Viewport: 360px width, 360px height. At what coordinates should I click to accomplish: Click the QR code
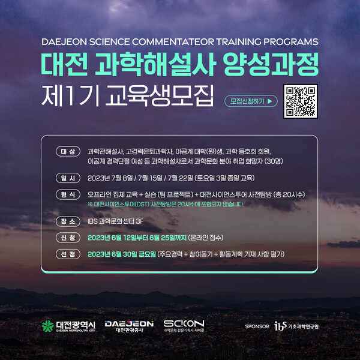[299, 101]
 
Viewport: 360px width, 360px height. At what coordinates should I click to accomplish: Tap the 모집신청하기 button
[251, 101]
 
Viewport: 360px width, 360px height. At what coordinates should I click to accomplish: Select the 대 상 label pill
[67, 151]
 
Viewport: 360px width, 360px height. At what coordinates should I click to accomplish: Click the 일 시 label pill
[67, 178]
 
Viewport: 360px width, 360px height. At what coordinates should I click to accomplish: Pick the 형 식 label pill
[67, 195]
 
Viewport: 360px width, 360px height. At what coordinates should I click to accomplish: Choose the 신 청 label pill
[67, 238]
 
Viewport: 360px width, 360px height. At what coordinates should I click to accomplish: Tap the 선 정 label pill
[67, 254]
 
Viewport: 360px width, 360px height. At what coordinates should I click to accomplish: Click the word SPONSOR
[257, 326]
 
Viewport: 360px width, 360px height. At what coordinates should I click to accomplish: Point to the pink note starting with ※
[166, 205]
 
